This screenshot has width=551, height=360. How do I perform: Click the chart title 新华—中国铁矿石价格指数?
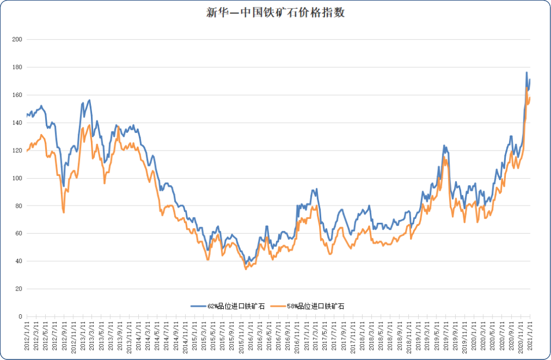(x=275, y=13)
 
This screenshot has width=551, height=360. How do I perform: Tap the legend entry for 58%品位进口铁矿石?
(x=312, y=305)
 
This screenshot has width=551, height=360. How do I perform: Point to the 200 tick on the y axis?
(x=17, y=40)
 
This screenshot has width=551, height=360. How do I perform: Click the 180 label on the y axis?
(x=17, y=67)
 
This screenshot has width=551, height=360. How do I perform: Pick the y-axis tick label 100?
(x=17, y=178)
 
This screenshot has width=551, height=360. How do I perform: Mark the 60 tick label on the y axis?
(x=18, y=234)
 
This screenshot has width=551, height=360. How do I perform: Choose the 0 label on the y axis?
(x=19, y=316)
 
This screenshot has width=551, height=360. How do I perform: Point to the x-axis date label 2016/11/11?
(x=296, y=336)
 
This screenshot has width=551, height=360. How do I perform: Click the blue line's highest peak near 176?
(x=527, y=72)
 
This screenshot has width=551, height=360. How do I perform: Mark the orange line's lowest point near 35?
(x=246, y=269)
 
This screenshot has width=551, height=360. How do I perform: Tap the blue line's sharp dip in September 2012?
(x=63, y=186)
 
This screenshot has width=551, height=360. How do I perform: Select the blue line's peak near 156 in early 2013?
(x=90, y=100)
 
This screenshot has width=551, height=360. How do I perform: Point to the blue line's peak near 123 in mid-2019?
(x=444, y=146)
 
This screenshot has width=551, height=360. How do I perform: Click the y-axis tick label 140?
(x=17, y=123)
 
